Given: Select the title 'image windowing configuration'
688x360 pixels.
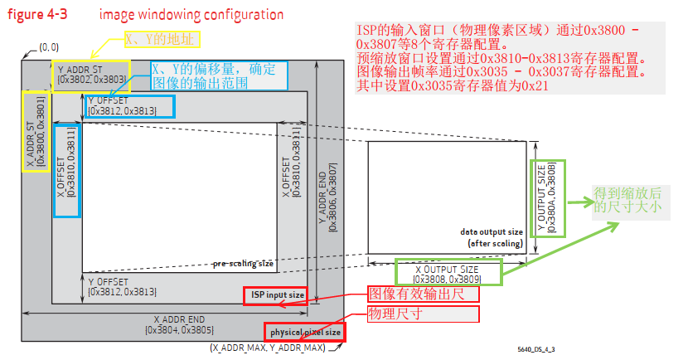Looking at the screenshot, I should (x=191, y=14).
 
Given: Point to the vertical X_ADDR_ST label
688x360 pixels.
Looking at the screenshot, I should (x=35, y=131).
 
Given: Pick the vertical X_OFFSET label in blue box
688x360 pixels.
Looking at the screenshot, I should (x=66, y=171).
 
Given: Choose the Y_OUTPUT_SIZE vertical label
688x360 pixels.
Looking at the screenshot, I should (x=548, y=198).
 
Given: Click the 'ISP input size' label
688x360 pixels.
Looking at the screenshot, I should (x=275, y=295).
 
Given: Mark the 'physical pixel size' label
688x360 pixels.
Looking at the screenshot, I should (x=305, y=333).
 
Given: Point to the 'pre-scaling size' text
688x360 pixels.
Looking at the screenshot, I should (x=243, y=264).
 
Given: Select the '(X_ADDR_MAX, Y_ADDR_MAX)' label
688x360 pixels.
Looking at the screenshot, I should (x=267, y=348).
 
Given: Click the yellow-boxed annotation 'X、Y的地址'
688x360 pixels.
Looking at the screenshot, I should (x=162, y=40).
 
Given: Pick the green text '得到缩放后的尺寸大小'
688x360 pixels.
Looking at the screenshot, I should (x=627, y=200).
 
